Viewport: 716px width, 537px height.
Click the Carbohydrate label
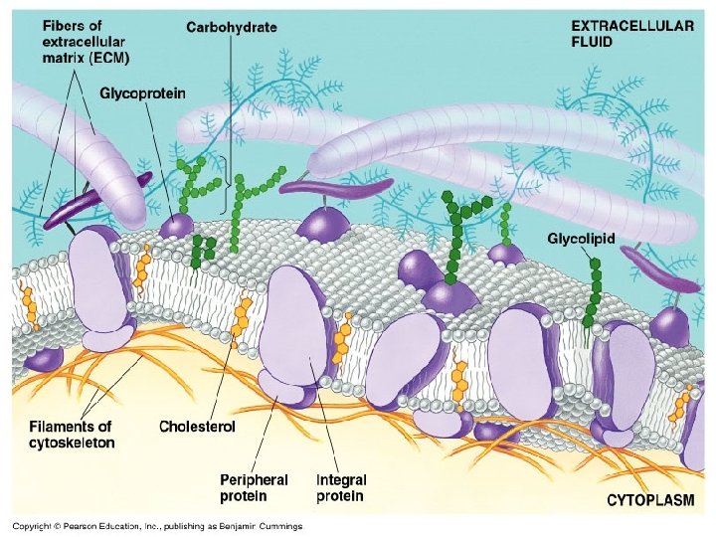pyautogui.click(x=233, y=27)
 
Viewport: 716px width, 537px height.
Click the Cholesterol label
pyautogui.click(x=197, y=427)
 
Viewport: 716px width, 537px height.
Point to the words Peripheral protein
pyautogui.click(x=254, y=487)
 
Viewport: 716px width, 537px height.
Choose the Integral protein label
pyautogui.click(x=340, y=487)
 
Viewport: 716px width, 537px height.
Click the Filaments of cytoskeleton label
pyautogui.click(x=71, y=435)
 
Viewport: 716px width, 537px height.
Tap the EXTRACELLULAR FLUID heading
pyautogui.click(x=631, y=35)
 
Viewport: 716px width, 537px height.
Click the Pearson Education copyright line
pyautogui.click(x=157, y=526)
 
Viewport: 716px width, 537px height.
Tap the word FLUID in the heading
pyautogui.click(x=594, y=43)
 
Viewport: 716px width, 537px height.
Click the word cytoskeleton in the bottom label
pyautogui.click(x=71, y=443)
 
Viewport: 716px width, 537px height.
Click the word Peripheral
pyautogui.click(x=254, y=479)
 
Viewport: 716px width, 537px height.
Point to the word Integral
pyautogui.click(x=340, y=479)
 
